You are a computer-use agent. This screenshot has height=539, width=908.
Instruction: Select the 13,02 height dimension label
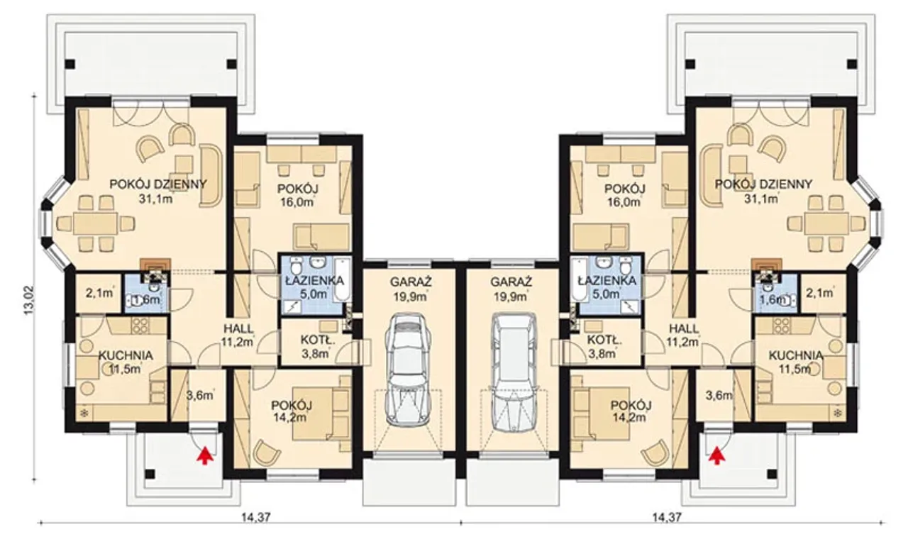click(x=28, y=300)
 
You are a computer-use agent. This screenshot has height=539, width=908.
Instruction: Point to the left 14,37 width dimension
click(x=255, y=517)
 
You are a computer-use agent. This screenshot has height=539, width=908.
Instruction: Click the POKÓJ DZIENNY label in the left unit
click(x=158, y=184)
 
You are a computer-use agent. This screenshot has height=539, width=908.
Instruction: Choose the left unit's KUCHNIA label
click(x=126, y=355)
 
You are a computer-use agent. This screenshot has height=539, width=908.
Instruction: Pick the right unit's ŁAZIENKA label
click(x=607, y=280)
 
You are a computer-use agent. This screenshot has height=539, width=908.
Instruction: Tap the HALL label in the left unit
click(x=239, y=328)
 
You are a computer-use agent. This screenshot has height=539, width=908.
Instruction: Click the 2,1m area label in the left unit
click(x=99, y=293)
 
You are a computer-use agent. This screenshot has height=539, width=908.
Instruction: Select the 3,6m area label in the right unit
click(x=719, y=395)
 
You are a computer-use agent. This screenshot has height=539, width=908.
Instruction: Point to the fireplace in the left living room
click(x=154, y=267)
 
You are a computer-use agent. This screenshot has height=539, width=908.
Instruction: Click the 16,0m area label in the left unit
click(x=297, y=202)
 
